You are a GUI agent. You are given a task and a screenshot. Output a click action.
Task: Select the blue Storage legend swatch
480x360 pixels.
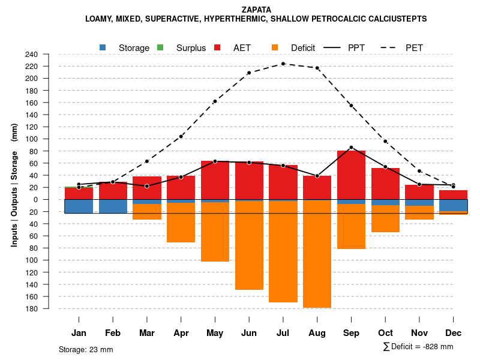(103, 47)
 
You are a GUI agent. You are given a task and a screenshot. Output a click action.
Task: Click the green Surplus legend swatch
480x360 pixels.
(160, 47)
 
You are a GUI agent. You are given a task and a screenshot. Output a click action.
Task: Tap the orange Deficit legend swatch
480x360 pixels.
(275, 47)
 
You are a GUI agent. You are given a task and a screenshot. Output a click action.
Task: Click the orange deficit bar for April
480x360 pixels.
(181, 223)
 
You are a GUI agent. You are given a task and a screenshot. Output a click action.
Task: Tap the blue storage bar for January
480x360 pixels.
(79, 206)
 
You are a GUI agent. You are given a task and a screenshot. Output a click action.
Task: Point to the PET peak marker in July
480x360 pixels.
(283, 64)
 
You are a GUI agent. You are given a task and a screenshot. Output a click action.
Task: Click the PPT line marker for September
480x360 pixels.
(351, 147)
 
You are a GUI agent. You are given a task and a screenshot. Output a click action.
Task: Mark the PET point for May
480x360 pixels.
(215, 101)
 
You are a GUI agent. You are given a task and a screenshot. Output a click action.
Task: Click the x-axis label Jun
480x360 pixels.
(249, 333)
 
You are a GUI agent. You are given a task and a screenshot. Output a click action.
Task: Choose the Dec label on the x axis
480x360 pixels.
(454, 333)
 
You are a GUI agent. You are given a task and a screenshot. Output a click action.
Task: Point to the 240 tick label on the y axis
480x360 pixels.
(48, 54)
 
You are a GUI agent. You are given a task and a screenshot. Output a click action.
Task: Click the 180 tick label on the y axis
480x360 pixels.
(48, 308)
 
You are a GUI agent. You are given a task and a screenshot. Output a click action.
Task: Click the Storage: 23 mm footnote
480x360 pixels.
(86, 349)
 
